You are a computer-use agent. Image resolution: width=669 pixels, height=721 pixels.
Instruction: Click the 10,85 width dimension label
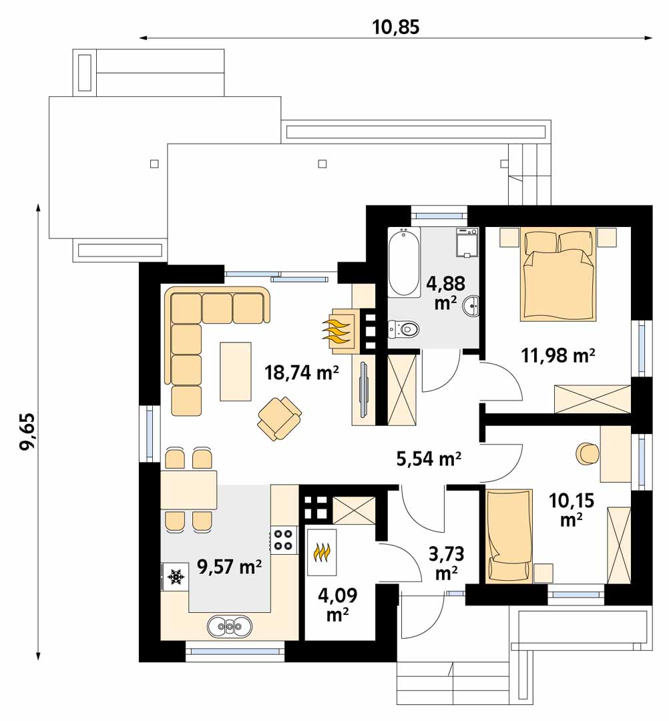(395, 27)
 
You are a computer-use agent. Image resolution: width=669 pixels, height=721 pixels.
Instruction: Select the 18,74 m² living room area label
(302, 372)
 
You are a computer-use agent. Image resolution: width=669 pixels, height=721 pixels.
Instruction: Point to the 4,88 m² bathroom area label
(445, 293)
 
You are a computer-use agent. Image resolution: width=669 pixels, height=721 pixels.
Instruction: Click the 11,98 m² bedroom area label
(558, 355)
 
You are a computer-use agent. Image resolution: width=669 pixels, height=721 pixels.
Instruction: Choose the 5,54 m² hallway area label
(429, 458)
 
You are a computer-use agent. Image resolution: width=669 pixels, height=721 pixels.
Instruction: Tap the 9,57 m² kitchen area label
(230, 567)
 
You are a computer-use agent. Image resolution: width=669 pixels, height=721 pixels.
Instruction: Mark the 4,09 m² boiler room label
(337, 605)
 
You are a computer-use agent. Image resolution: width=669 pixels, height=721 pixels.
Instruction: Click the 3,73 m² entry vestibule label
(446, 563)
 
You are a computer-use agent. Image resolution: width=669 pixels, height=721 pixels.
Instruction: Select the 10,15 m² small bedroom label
(572, 509)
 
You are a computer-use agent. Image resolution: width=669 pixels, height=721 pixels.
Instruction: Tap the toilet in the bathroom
(404, 328)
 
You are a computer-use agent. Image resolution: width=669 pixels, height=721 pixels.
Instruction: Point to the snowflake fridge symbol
(175, 576)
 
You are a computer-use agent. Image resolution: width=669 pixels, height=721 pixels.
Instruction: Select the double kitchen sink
(230, 626)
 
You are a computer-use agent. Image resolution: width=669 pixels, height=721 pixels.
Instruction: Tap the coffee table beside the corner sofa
(236, 372)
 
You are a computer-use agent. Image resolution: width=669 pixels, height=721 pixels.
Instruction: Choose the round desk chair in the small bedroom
(587, 454)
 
